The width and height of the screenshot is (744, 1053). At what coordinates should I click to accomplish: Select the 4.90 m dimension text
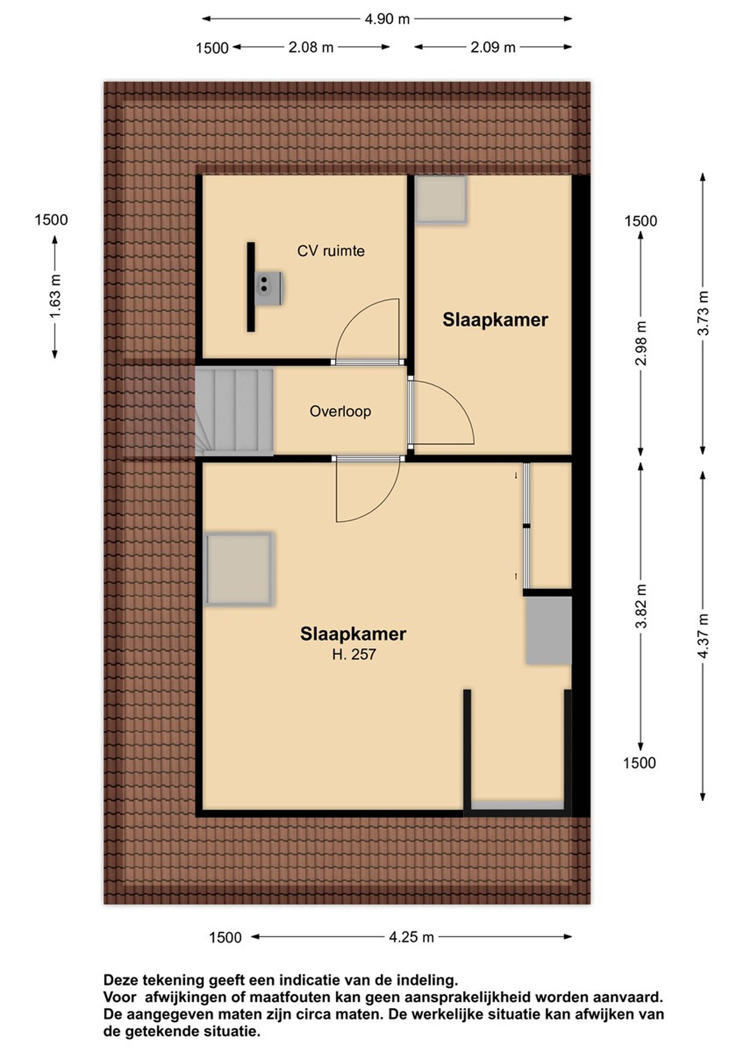click(x=387, y=19)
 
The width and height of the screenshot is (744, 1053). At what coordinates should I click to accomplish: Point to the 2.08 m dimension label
click(x=311, y=47)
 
